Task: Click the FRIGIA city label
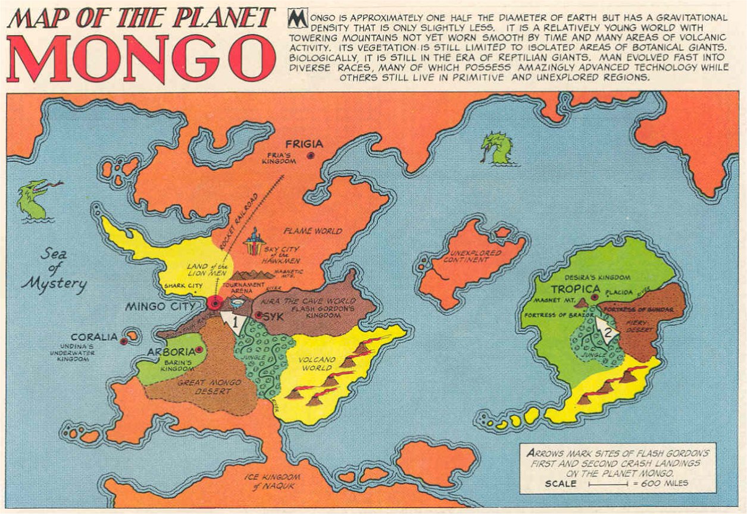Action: click(x=304, y=144)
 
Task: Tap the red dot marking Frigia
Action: click(x=310, y=155)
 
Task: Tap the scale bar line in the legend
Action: click(x=608, y=484)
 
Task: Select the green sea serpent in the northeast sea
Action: click(x=497, y=148)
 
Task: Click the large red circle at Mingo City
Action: click(x=215, y=303)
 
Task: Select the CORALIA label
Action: click(x=94, y=337)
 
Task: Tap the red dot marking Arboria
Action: click(x=198, y=350)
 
